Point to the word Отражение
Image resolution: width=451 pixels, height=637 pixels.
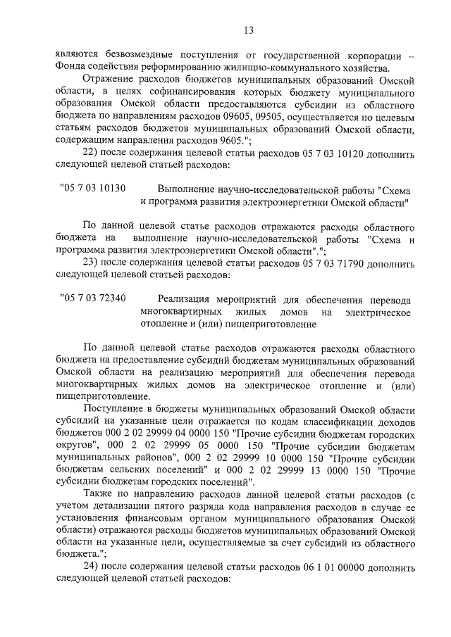(x=107, y=80)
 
